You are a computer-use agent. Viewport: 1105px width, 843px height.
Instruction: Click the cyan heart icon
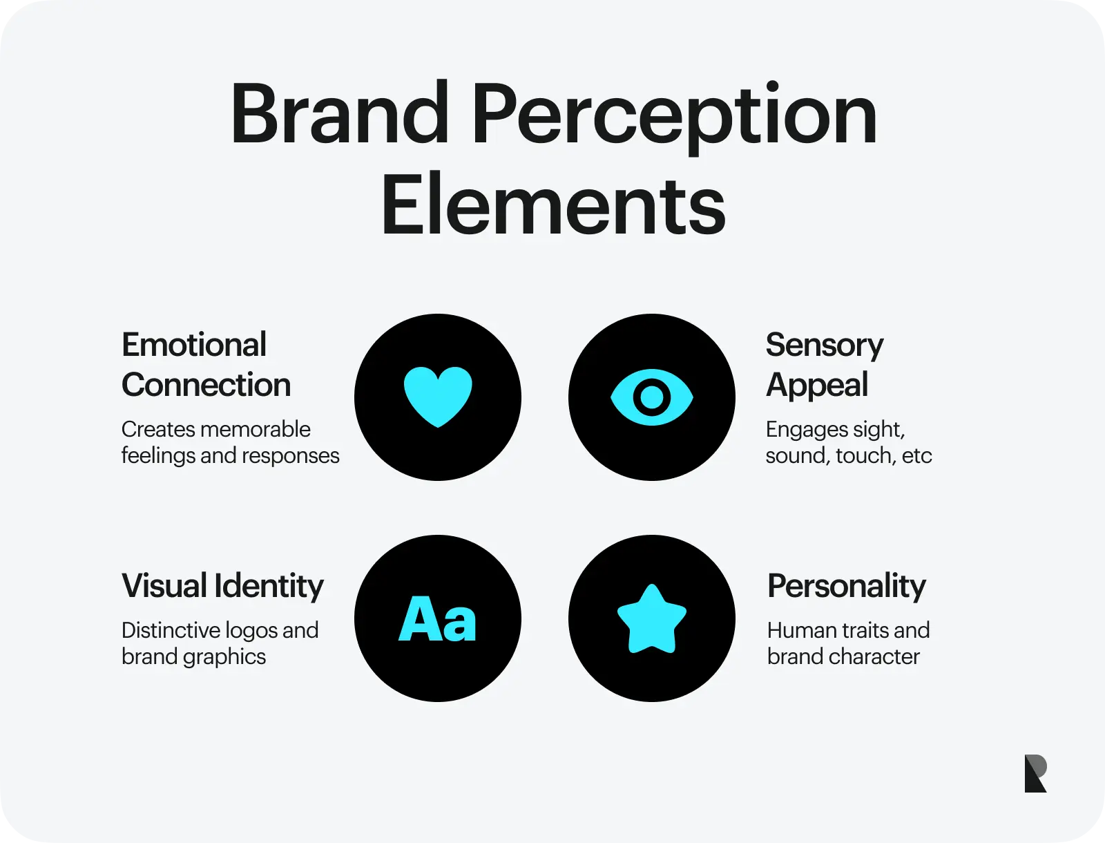[438, 397]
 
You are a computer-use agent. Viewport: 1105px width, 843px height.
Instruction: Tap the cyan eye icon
[651, 397]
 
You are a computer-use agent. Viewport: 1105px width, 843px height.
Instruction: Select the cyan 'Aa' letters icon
[437, 618]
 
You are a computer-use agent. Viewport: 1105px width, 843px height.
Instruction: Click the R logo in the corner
[1035, 773]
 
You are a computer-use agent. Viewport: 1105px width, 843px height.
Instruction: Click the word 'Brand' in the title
[339, 113]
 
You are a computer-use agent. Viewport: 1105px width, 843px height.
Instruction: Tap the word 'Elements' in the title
[553, 204]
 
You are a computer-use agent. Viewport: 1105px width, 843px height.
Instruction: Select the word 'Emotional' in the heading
[194, 345]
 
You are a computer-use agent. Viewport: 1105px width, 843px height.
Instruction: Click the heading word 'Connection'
[206, 385]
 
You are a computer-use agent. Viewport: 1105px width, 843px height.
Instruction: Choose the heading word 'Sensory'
[825, 346]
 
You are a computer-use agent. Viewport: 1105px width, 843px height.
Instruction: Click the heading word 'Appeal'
[817, 386]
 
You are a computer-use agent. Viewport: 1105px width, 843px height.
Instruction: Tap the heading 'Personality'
[847, 587]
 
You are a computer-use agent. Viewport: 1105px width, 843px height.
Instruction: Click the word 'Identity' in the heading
[269, 587]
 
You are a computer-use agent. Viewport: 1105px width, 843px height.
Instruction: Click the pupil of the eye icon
[651, 397]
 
